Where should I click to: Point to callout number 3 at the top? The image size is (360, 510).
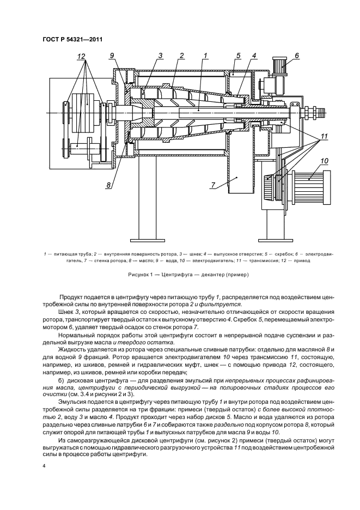point(161,56)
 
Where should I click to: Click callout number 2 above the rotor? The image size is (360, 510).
point(181,56)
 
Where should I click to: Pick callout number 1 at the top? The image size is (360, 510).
point(206,56)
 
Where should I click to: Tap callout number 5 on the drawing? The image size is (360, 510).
point(238,56)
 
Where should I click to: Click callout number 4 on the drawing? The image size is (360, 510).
point(254,56)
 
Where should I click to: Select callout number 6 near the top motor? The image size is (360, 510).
point(297,56)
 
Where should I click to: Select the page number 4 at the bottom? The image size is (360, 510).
point(44,466)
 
